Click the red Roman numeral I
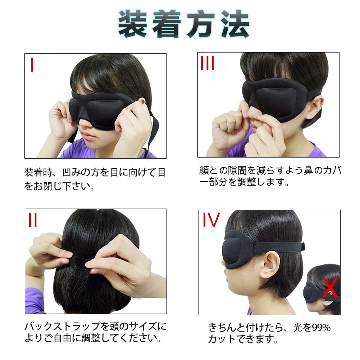pos(32,64)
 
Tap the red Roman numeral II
pos(33,220)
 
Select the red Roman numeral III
pos(207,63)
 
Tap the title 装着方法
pos(184,24)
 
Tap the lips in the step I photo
pos(88,136)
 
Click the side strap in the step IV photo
pos(279,247)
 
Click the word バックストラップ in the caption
pos(63,327)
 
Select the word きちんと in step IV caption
pos(227,328)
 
